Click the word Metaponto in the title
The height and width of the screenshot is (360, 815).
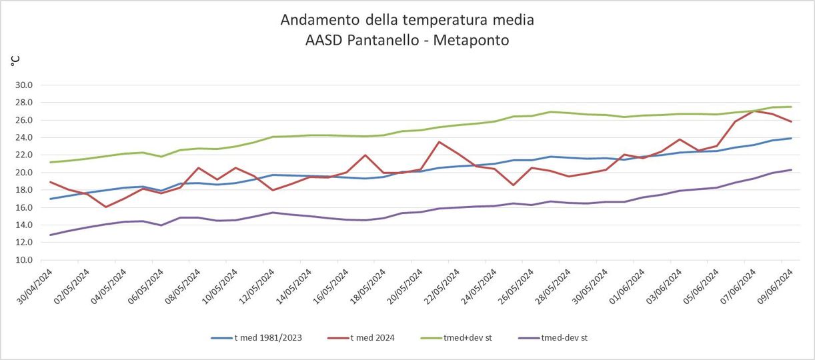471,40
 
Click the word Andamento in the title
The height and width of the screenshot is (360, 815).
321,19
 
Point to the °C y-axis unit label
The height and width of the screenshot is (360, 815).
15,61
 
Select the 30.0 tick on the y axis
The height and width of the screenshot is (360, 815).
24,85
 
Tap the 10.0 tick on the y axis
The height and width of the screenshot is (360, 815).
24,260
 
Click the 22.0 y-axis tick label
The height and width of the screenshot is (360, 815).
24,155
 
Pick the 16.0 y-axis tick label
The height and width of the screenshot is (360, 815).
24,207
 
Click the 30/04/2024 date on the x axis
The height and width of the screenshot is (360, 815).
35,287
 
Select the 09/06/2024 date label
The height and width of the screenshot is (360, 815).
774,287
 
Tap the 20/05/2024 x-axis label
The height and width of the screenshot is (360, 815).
405,287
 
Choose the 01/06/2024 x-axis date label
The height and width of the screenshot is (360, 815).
626,287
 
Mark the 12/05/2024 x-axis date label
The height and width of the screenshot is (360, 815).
257,287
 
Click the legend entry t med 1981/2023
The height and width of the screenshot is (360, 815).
257,338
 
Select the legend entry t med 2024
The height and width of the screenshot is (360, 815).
361,338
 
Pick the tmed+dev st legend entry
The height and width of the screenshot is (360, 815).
456,338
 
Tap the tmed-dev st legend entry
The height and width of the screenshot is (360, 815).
552,338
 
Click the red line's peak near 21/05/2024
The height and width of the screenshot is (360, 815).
439,142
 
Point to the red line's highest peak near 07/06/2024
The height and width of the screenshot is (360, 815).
754,111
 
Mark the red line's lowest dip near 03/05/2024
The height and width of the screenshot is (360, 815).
106,207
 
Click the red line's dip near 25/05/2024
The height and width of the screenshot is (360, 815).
514,185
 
